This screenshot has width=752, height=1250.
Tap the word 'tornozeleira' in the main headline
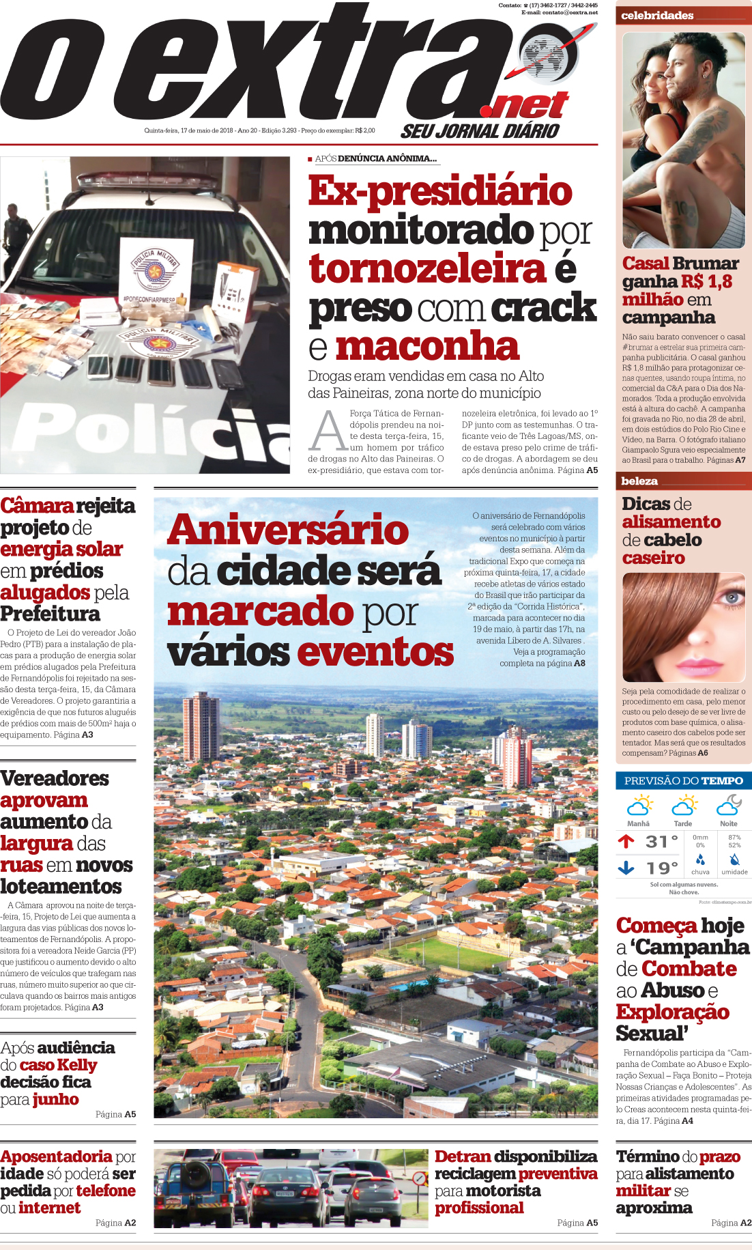click(x=428, y=268)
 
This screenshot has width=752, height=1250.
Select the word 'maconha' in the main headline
click(x=427, y=346)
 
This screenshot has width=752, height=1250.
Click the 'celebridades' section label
click(x=657, y=15)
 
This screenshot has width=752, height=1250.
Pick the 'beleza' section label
click(x=639, y=481)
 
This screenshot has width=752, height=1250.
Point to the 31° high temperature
click(x=661, y=842)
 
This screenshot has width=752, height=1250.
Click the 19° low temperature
click(x=661, y=868)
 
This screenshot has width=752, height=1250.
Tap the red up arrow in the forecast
click(x=626, y=841)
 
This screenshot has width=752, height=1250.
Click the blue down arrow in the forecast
click(x=626, y=868)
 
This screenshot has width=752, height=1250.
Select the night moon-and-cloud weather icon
click(x=729, y=806)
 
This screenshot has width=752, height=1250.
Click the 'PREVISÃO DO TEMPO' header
click(x=683, y=780)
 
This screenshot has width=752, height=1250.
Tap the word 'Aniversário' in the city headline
click(x=288, y=530)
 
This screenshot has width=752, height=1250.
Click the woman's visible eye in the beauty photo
click(x=732, y=598)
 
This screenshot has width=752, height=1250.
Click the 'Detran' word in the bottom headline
click(x=463, y=1156)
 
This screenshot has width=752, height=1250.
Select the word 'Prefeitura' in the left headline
click(x=50, y=614)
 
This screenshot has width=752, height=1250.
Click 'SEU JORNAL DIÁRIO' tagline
click(x=480, y=131)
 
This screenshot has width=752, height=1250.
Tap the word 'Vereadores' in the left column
click(x=55, y=778)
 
